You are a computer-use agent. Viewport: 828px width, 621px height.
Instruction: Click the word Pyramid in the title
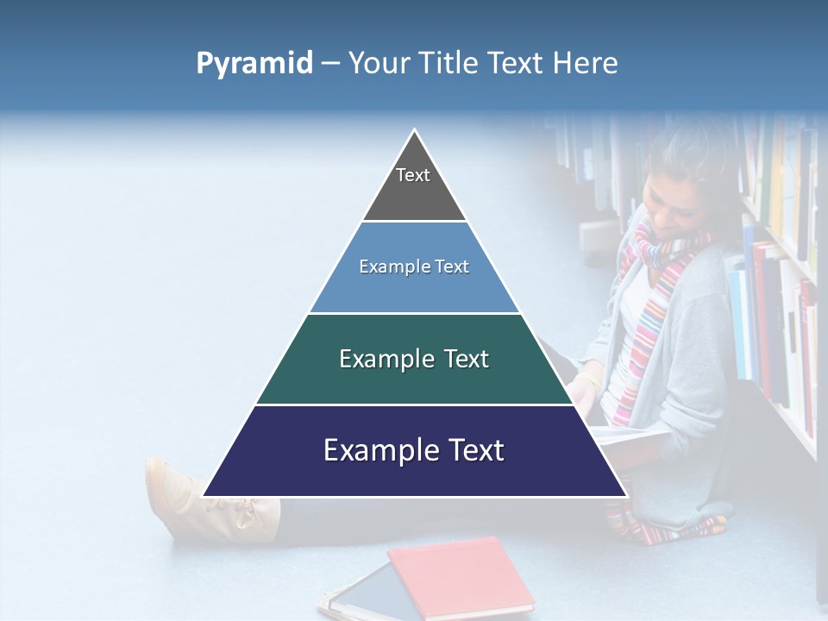[254, 64]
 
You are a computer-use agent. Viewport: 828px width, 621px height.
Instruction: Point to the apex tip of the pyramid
[415, 131]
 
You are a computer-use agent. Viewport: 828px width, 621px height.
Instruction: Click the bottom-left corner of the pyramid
[204, 496]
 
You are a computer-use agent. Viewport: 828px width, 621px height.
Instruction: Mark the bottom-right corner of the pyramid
[625, 496]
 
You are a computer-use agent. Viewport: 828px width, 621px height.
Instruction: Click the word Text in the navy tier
[469, 450]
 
